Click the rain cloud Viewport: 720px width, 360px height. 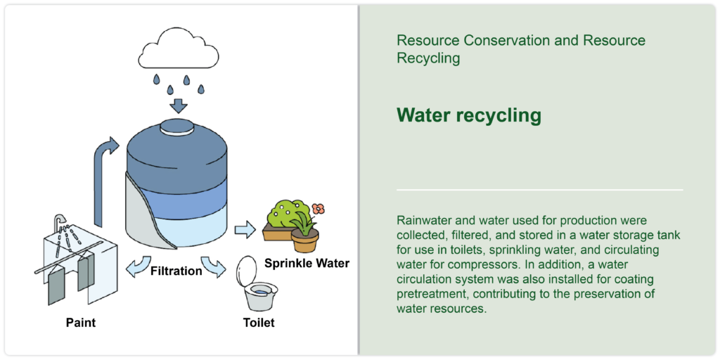pyautogui.click(x=178, y=50)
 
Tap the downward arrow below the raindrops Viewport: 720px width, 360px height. pyautogui.click(x=179, y=105)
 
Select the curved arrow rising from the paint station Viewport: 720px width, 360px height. pyautogui.click(x=104, y=179)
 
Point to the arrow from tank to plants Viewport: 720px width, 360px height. pyautogui.click(x=245, y=230)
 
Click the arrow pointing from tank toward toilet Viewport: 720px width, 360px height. pyautogui.click(x=214, y=266)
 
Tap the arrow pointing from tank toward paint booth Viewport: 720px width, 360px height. pyautogui.click(x=139, y=266)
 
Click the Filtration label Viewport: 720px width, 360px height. pyautogui.click(x=176, y=271)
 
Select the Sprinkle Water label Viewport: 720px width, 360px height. pyautogui.click(x=307, y=263)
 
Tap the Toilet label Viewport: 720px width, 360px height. pyautogui.click(x=259, y=322)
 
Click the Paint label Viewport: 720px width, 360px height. pyautogui.click(x=81, y=322)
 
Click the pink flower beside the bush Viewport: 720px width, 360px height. pyautogui.click(x=318, y=209)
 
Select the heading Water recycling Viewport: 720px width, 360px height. pyautogui.click(x=469, y=115)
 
